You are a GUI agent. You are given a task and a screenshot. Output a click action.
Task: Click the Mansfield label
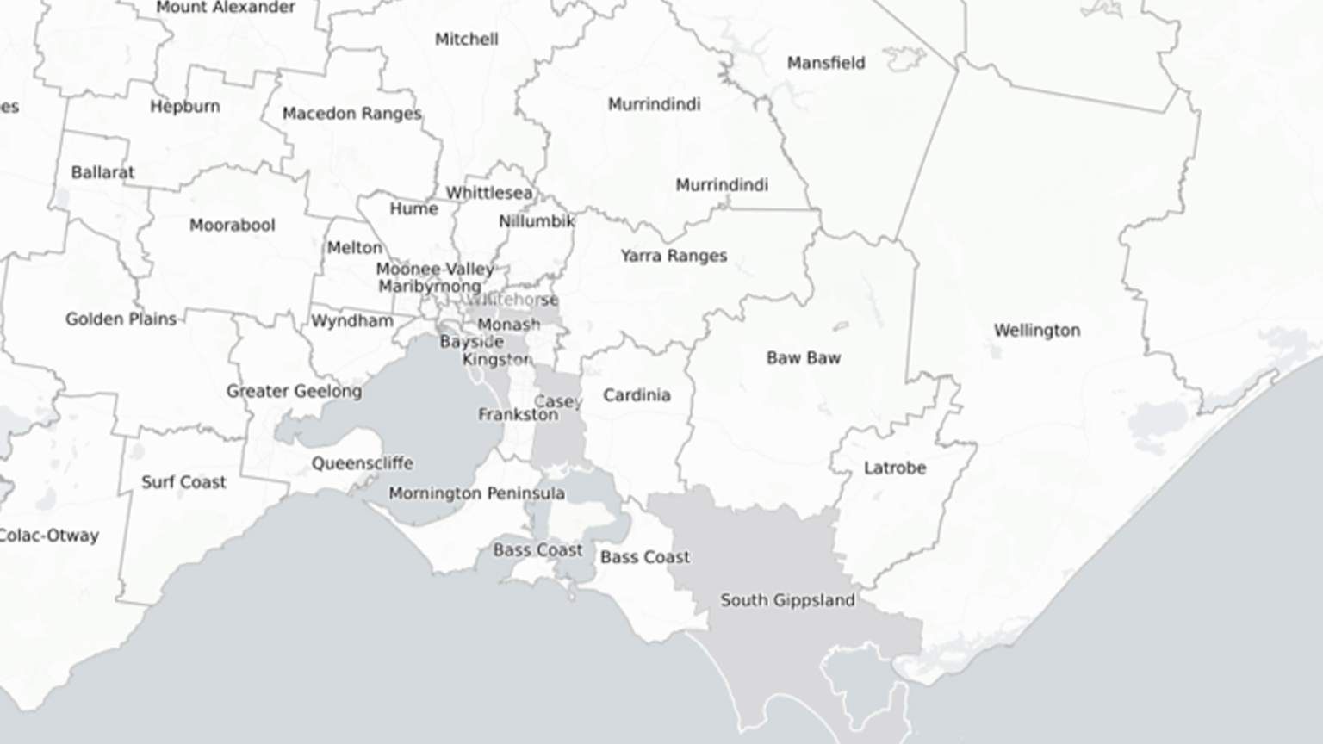point(825,63)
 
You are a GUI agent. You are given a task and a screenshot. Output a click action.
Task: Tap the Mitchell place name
point(466,40)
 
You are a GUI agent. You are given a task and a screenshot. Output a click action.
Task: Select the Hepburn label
point(184,107)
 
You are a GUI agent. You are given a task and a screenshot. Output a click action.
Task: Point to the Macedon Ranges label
point(351,114)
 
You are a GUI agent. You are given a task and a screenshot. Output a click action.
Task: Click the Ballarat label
point(102,172)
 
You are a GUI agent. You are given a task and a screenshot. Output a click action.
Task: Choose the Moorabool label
point(232,226)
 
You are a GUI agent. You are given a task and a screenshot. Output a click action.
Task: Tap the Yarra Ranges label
point(674,256)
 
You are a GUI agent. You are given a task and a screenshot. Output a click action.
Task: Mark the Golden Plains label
point(121,319)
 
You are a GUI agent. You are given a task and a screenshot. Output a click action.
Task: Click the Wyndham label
point(351,321)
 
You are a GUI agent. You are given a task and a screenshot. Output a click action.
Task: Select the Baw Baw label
point(803,358)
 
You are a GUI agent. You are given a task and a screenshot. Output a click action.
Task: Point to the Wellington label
point(1036,331)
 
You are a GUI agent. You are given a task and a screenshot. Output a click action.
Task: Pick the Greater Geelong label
point(294,392)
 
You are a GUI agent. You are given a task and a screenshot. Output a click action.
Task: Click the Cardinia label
point(636,395)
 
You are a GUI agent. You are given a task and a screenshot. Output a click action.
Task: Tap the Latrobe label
point(894,468)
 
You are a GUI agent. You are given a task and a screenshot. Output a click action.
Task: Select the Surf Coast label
point(183,482)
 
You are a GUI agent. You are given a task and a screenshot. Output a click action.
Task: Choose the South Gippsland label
point(787,600)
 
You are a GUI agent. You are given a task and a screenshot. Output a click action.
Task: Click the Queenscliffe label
point(362,463)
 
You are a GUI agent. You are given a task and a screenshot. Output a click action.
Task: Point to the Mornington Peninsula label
point(476,493)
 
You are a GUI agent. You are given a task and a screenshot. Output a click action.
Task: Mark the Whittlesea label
point(488,193)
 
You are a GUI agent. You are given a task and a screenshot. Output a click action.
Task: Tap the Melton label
point(354,248)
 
